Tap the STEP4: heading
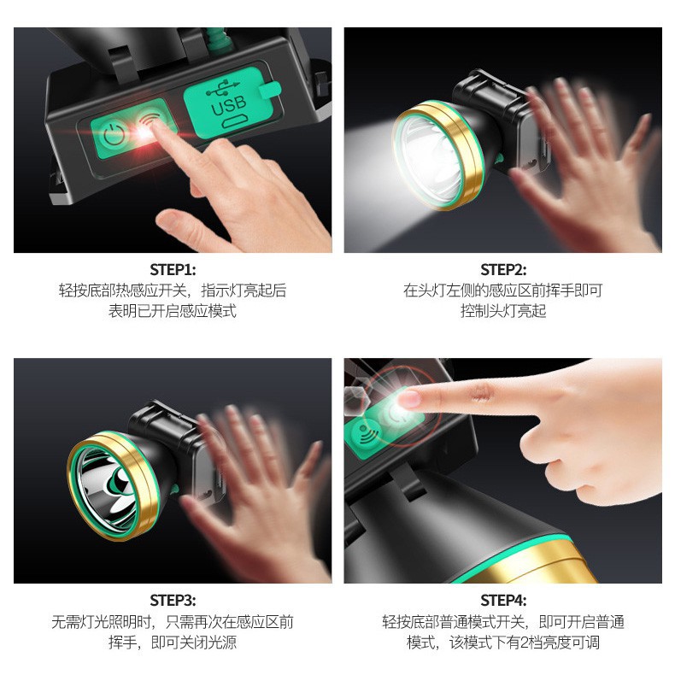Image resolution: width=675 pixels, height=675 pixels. tap(502, 601)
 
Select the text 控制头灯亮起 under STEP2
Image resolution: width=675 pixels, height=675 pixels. tap(502, 311)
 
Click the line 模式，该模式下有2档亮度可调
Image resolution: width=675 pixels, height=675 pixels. tap(502, 642)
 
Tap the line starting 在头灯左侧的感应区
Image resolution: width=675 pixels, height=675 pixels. tap(502, 291)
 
